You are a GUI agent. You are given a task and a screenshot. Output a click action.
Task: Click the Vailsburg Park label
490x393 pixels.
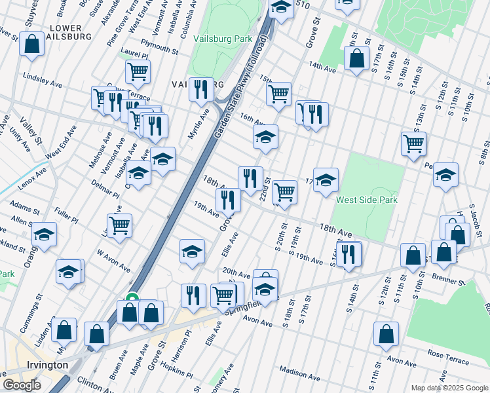pyautogui.click(x=223, y=39)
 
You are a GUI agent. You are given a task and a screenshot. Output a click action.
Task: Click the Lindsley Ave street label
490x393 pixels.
pyautogui.click(x=42, y=77)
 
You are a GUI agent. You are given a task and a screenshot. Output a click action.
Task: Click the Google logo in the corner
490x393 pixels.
pyautogui.click(x=22, y=385)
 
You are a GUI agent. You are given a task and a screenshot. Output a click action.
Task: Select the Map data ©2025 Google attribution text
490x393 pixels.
pyautogui.click(x=449, y=388)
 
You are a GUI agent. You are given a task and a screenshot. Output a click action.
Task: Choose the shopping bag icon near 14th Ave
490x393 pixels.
pyautogui.click(x=356, y=59)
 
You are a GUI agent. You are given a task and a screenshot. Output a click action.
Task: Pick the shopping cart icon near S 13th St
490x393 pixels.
pyautogui.click(x=413, y=143)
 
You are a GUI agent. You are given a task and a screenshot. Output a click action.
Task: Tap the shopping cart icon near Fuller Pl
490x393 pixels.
pyautogui.click(x=119, y=225)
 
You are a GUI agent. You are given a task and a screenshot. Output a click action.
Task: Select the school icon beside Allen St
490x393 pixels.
pyautogui.click(x=44, y=234)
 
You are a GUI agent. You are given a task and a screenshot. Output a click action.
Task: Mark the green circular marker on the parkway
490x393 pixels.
pyautogui.click(x=132, y=299)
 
